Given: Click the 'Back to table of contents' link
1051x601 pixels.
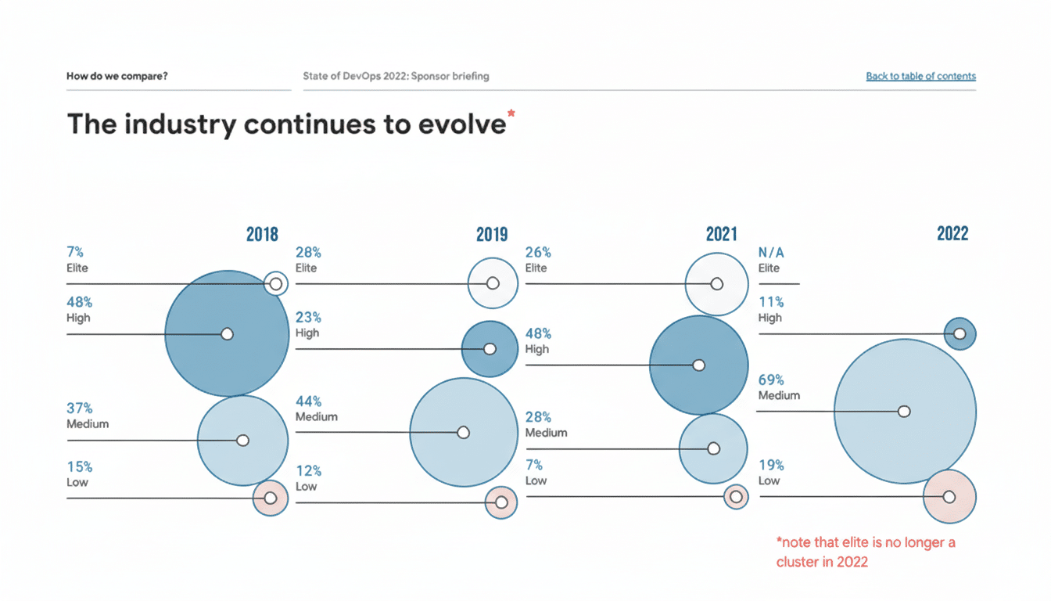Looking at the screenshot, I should coord(920,77).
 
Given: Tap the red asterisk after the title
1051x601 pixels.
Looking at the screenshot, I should coord(511,115).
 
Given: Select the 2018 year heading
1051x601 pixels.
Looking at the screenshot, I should coord(262,234).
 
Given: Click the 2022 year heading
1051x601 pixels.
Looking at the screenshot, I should coord(952,233).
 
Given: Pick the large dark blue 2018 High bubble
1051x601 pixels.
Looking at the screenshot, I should coord(227,333).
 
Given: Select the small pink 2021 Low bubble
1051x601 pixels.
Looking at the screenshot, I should coord(736,496).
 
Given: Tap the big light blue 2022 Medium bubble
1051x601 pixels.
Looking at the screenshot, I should coord(905,412).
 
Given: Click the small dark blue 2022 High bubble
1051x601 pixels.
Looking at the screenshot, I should coord(960,333).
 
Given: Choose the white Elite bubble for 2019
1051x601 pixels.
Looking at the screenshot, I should coord(493,283).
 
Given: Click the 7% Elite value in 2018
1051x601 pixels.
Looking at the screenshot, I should coord(75,252).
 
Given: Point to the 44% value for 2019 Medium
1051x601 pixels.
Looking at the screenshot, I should coord(308,401).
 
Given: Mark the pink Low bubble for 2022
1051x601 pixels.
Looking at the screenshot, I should coord(949,496).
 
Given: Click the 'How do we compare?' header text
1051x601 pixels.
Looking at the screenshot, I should coord(117,77).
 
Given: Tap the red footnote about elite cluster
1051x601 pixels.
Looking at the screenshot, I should coord(865,552).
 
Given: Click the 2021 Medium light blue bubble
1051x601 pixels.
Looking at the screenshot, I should coord(713,448).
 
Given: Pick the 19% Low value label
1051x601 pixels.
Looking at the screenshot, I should coord(771,465).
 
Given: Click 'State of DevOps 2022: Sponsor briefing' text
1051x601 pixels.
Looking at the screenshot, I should coord(396,77).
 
